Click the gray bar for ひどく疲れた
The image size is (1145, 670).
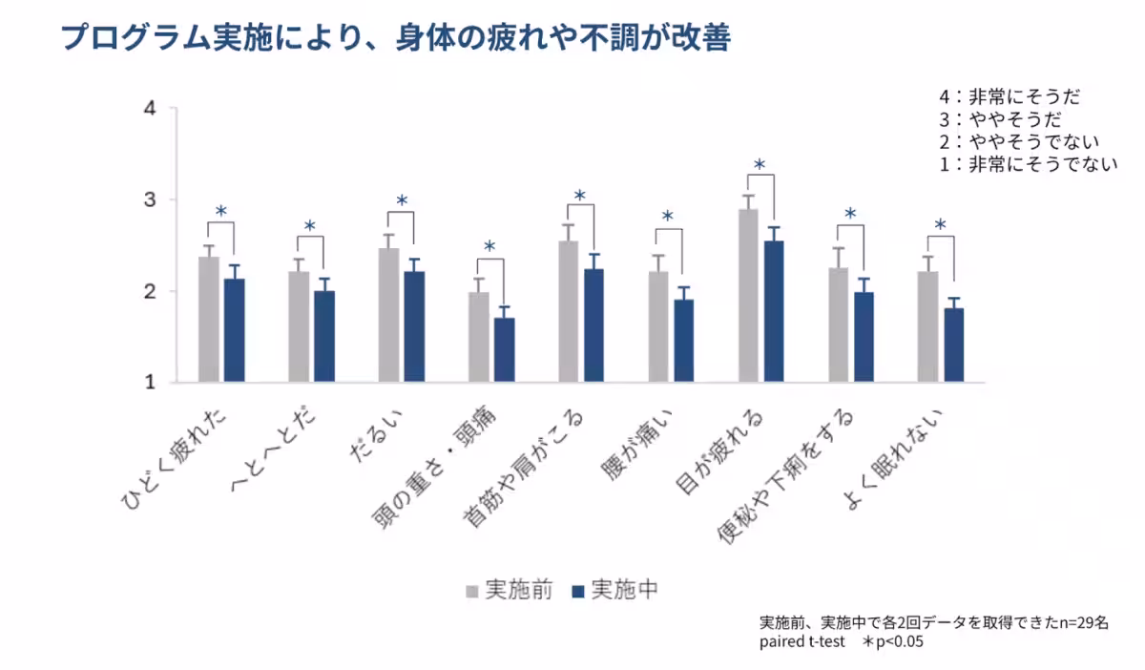(x=208, y=320)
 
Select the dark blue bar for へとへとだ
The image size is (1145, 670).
(x=324, y=337)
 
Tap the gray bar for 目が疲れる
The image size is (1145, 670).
(x=748, y=296)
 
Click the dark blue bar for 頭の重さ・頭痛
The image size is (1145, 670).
(x=505, y=350)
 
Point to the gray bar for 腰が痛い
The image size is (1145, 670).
(x=658, y=327)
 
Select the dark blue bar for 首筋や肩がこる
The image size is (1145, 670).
(x=594, y=325)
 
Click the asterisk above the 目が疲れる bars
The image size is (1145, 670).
(x=760, y=165)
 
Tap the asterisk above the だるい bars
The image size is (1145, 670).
(x=402, y=201)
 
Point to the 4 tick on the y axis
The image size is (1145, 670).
(x=149, y=108)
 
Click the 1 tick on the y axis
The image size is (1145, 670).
(x=149, y=383)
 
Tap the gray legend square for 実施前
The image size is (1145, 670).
(x=472, y=591)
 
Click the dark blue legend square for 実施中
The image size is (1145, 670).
(x=576, y=591)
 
